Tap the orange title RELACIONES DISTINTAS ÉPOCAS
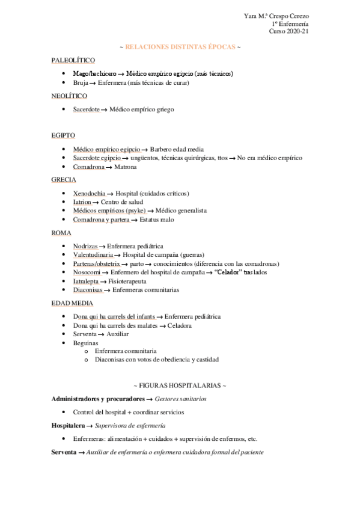(180, 46)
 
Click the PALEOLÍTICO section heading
(73, 60)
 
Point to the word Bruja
(81, 83)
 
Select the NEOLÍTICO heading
(70, 96)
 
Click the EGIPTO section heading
(63, 136)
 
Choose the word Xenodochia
(89, 193)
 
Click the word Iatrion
(82, 202)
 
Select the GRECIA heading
(63, 180)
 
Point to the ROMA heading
(61, 233)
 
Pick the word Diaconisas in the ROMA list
(88, 290)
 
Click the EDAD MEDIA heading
(71, 303)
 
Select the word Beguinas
(85, 342)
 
